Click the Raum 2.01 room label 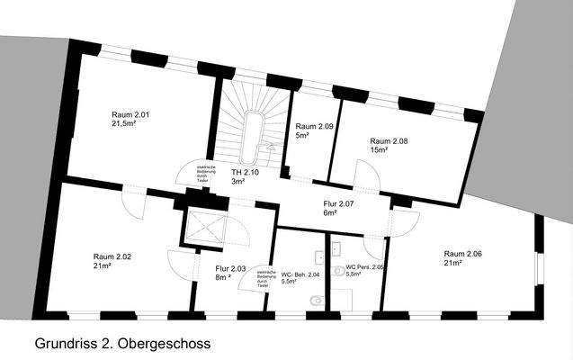pos(130,114)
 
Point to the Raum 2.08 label pos(389,141)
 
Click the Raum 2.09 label pos(314,127)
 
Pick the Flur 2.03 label pos(230,268)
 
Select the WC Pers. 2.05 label pos(364,267)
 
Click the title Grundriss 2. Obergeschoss pos(122,344)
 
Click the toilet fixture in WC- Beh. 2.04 pos(311,300)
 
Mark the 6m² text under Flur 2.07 pos(329,214)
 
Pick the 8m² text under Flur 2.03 pos(222,278)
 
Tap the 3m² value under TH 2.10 pos(237,182)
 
